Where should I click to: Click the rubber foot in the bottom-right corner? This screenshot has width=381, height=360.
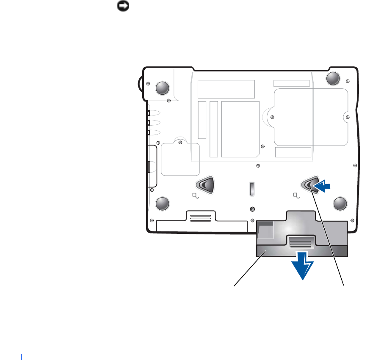pyautogui.click(x=340, y=203)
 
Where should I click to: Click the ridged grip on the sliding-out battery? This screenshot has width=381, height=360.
pyautogui.click(x=301, y=242)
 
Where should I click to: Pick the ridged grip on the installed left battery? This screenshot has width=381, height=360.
pyautogui.click(x=200, y=218)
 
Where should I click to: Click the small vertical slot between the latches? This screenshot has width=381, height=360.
pyautogui.click(x=252, y=189)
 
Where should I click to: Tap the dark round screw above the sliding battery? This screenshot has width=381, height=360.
pyautogui.click(x=253, y=209)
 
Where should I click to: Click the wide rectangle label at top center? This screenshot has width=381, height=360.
pyautogui.click(x=226, y=89)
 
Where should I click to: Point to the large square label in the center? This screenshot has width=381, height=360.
pyautogui.click(x=240, y=129)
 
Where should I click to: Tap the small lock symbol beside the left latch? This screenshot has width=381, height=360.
pyautogui.click(x=196, y=195)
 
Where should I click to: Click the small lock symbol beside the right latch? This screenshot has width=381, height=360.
pyautogui.click(x=297, y=195)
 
